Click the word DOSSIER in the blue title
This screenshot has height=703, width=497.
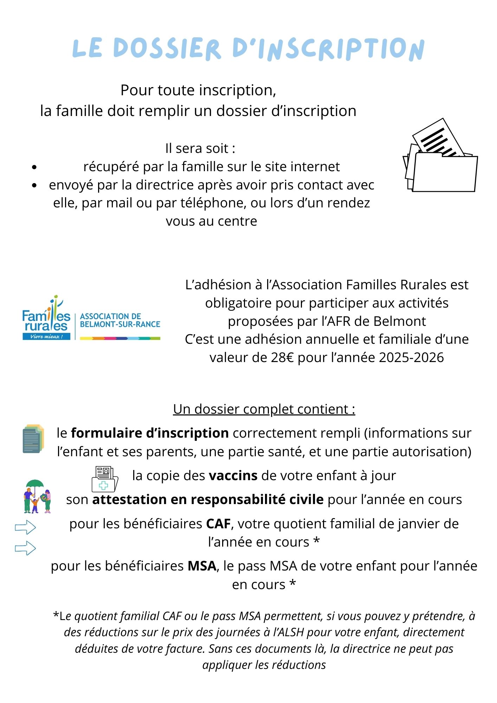pos(167,49)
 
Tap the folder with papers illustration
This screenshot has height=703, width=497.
pos(441,156)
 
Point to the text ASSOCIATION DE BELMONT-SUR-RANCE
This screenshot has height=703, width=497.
pos(120,320)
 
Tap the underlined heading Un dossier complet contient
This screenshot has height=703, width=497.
pos(264,409)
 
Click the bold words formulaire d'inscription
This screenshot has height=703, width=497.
pos(150,433)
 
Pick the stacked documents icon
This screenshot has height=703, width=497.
pos(33,438)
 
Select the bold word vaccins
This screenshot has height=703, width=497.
pos(233,476)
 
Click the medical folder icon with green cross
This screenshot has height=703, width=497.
pos(104,479)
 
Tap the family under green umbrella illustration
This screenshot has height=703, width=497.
pos(37,496)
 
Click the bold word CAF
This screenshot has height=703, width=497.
pos(218,524)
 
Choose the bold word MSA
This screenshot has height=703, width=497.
pos(202,566)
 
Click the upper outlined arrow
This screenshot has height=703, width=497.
pos(25,527)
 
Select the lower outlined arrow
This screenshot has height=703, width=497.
pos(25,548)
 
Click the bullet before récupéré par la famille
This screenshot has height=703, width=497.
pos(34,167)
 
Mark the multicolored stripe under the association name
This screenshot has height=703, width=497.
pos(120,338)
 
